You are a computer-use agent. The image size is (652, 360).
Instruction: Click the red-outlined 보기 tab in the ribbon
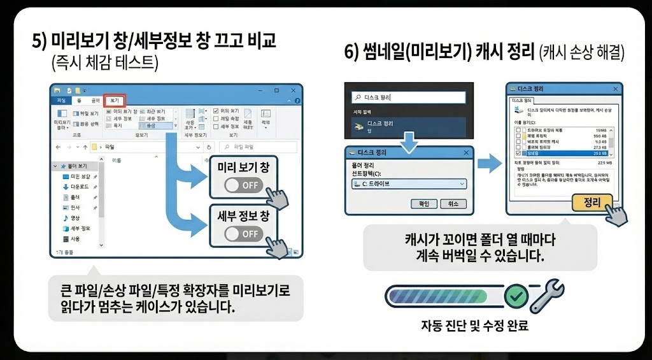[x=115, y=101]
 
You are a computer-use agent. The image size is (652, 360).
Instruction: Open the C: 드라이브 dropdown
[x=409, y=184]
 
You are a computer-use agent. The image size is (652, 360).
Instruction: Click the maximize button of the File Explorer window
[x=277, y=90]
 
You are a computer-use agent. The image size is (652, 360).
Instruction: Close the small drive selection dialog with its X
[x=467, y=153]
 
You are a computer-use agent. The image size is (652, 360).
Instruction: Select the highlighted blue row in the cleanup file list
[x=560, y=154]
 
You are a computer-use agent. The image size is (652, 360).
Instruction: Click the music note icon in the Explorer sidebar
[x=66, y=218]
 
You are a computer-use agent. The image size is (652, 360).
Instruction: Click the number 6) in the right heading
[x=352, y=52]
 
